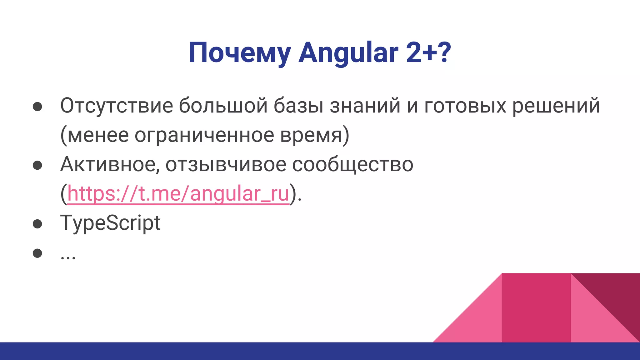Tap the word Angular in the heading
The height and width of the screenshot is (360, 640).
click(348, 53)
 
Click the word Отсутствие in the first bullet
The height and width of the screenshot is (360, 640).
click(116, 106)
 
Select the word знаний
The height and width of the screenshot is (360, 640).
click(365, 106)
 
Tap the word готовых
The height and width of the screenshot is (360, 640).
click(465, 106)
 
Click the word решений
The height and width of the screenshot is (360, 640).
click(556, 106)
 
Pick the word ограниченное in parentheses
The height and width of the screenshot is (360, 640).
click(204, 135)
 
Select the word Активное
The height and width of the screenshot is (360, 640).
click(110, 164)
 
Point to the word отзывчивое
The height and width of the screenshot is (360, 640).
click(226, 164)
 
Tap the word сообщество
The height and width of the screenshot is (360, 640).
click(352, 164)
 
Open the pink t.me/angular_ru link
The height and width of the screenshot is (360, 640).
click(178, 194)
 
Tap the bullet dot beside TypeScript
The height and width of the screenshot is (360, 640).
click(37, 224)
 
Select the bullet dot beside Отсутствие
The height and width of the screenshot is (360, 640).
click(37, 107)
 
